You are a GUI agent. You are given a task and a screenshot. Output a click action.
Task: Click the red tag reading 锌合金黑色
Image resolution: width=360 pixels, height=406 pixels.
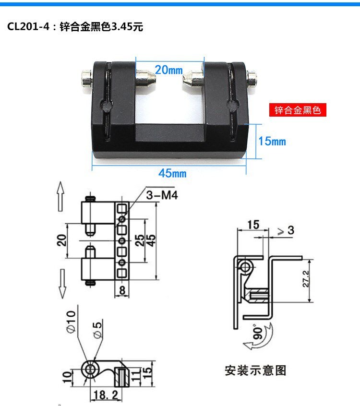point(298,110)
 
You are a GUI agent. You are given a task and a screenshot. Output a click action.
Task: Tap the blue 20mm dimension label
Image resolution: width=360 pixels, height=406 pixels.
point(169,70)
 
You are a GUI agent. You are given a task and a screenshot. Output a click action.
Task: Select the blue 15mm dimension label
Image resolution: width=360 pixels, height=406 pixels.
point(272,141)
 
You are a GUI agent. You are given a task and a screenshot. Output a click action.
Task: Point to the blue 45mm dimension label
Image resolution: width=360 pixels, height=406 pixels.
point(172,173)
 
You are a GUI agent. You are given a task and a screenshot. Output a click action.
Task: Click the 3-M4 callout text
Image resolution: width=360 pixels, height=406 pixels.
point(162,195)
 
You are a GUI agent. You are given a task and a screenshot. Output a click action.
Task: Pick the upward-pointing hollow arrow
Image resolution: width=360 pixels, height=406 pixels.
point(60,196)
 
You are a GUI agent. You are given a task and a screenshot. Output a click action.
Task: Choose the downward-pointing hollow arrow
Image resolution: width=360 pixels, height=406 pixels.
point(62,284)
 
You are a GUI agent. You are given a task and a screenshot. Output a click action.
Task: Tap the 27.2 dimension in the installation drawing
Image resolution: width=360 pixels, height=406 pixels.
point(306,279)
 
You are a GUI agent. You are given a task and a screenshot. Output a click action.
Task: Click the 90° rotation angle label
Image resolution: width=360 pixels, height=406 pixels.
point(258,332)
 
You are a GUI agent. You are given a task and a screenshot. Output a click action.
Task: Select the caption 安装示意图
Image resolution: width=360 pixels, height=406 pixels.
point(255,370)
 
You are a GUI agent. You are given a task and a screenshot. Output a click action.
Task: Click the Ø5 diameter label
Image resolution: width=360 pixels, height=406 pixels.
point(97,330)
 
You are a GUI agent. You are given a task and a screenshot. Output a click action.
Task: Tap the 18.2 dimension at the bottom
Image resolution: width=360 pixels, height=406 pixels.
point(106,395)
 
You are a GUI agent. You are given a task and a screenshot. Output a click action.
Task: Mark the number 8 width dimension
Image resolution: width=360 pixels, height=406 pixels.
point(122,290)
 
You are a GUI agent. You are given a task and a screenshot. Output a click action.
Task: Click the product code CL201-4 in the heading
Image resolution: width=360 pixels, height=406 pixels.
point(28,26)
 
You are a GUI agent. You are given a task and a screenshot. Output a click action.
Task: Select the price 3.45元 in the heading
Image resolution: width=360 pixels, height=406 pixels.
point(127,27)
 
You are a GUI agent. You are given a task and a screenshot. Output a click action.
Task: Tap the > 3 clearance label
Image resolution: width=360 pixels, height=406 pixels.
point(286,230)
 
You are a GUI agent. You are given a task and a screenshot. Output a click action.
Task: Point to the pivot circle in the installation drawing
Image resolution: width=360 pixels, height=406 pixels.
point(245,267)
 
